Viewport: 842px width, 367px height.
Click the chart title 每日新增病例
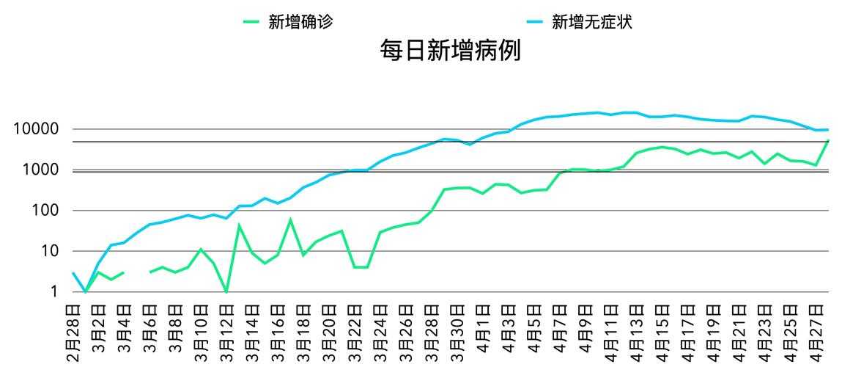(x=450, y=51)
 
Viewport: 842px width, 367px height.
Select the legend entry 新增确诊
(x=300, y=22)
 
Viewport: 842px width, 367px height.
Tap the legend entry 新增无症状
(x=591, y=22)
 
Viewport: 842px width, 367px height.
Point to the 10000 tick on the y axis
(x=35, y=130)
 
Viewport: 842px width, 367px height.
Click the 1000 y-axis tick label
(x=39, y=170)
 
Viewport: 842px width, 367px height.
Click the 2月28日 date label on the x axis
(x=73, y=331)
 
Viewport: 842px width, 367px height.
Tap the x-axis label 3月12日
(x=226, y=331)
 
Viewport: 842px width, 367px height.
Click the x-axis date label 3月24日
(x=380, y=331)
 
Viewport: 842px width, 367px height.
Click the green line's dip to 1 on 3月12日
(x=226, y=291)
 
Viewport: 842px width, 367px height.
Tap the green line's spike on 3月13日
(x=240, y=225)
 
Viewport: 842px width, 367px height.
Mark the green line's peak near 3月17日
(x=291, y=219)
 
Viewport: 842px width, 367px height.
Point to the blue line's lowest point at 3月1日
(x=86, y=291)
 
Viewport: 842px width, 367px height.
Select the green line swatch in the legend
(x=251, y=22)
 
